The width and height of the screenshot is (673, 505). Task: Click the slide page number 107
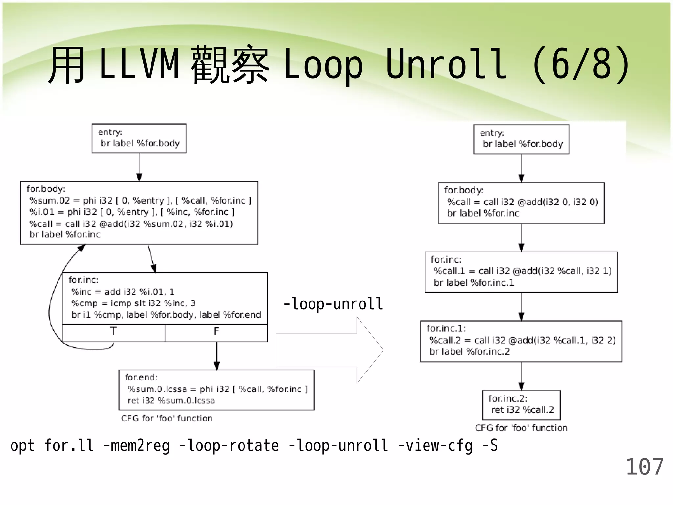coord(644,467)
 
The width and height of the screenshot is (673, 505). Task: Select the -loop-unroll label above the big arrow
coord(333,304)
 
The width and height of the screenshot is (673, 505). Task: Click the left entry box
coord(139,138)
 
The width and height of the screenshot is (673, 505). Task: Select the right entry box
coord(521,139)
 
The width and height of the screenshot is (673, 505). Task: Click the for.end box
coord(217,390)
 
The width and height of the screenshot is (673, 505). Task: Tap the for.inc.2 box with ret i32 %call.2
coord(521,405)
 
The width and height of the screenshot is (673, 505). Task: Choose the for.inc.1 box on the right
coord(521,341)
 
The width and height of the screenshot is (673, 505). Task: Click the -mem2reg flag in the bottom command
coord(136,446)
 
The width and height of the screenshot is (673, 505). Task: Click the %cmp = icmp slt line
coord(133,303)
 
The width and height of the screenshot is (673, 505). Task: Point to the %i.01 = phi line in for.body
coord(131,212)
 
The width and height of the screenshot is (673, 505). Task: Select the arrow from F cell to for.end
coord(217,356)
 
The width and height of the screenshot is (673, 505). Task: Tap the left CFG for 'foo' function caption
coord(167,418)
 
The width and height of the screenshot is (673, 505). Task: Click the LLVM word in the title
coord(139,64)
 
